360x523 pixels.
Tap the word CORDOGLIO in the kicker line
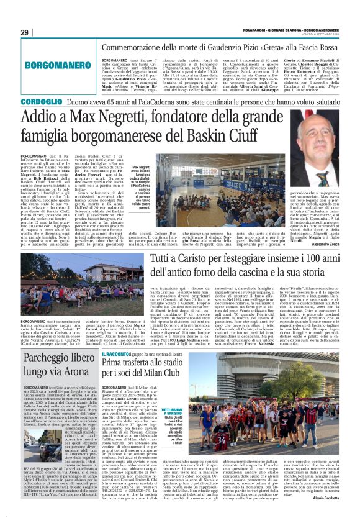pos(41,101)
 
